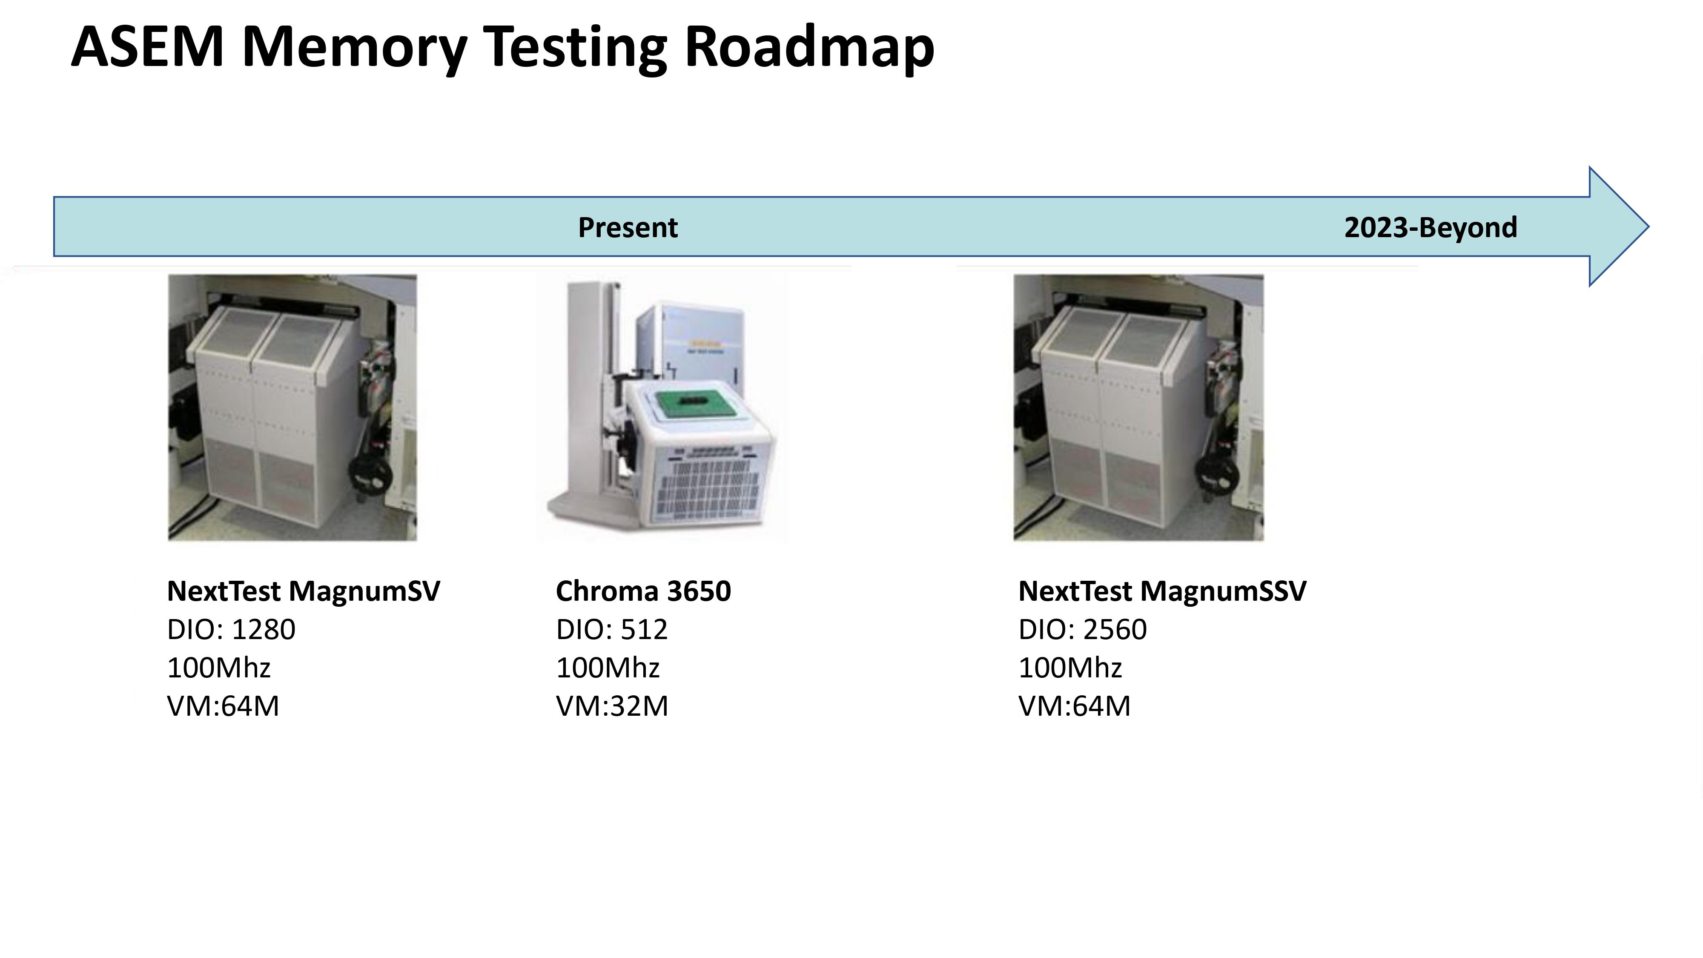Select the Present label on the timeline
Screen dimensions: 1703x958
tap(628, 227)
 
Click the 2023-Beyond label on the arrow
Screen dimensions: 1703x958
tap(1431, 227)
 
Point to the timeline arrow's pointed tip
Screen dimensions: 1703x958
tap(1649, 227)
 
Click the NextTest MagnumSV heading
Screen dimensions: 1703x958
tap(304, 591)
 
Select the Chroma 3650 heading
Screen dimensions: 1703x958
tap(643, 591)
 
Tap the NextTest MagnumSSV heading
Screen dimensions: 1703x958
tap(1162, 591)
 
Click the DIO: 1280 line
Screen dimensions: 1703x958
tap(231, 629)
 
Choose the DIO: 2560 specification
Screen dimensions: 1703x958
tap(1083, 629)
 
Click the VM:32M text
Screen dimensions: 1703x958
tap(612, 706)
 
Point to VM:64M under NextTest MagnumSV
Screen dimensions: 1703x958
tap(224, 706)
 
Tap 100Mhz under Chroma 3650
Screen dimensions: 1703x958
tap(608, 668)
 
